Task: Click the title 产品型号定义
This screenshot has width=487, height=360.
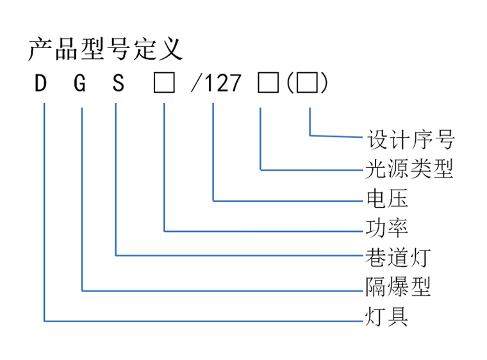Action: [105, 49]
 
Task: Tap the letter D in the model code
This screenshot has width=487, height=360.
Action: [40, 83]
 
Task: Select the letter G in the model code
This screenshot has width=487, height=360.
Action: [80, 83]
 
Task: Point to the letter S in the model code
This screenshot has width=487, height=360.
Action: [119, 83]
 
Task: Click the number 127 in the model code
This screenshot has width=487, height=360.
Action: [223, 83]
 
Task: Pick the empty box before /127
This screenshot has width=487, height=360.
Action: [164, 83]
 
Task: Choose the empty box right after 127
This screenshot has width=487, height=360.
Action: [268, 83]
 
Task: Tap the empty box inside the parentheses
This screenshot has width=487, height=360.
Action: [307, 83]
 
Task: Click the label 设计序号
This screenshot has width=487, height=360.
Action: [411, 140]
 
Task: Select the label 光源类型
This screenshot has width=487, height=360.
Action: [409, 169]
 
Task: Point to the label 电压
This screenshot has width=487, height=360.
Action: [387, 199]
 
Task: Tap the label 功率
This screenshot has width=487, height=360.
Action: [386, 228]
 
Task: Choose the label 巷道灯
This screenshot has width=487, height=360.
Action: [398, 257]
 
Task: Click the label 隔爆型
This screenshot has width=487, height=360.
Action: [398, 287]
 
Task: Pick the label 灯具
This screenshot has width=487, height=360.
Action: [386, 316]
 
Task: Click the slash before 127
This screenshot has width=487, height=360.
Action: [196, 83]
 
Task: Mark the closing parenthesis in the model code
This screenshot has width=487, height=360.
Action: [324, 83]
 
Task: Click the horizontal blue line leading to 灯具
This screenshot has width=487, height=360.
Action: [203, 321]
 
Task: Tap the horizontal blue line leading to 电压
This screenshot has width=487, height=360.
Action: [288, 201]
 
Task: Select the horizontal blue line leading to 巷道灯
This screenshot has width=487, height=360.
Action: [239, 256]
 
